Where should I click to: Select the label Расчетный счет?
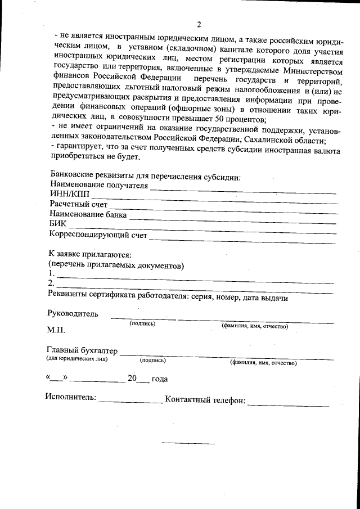(x=78, y=204)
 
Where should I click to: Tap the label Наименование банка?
(x=88, y=214)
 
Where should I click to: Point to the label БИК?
(x=57, y=224)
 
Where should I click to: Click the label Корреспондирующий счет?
(x=98, y=234)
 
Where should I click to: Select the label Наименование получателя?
(x=99, y=184)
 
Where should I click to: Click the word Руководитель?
(x=73, y=314)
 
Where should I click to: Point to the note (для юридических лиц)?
(x=76, y=359)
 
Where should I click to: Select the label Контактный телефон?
(x=205, y=400)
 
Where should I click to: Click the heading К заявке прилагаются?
(x=90, y=254)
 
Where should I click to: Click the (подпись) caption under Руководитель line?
(x=143, y=323)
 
